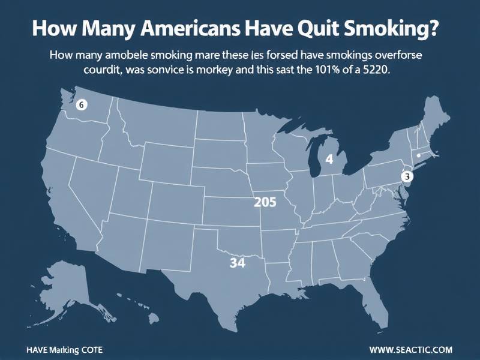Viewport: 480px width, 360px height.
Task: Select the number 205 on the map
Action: pyautogui.click(x=265, y=202)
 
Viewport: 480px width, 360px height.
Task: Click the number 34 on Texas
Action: pyautogui.click(x=238, y=263)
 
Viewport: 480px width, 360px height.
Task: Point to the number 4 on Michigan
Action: pyautogui.click(x=329, y=160)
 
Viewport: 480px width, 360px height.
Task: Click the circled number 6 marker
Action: pyautogui.click(x=82, y=104)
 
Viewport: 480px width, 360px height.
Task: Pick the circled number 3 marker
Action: pyautogui.click(x=407, y=176)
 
